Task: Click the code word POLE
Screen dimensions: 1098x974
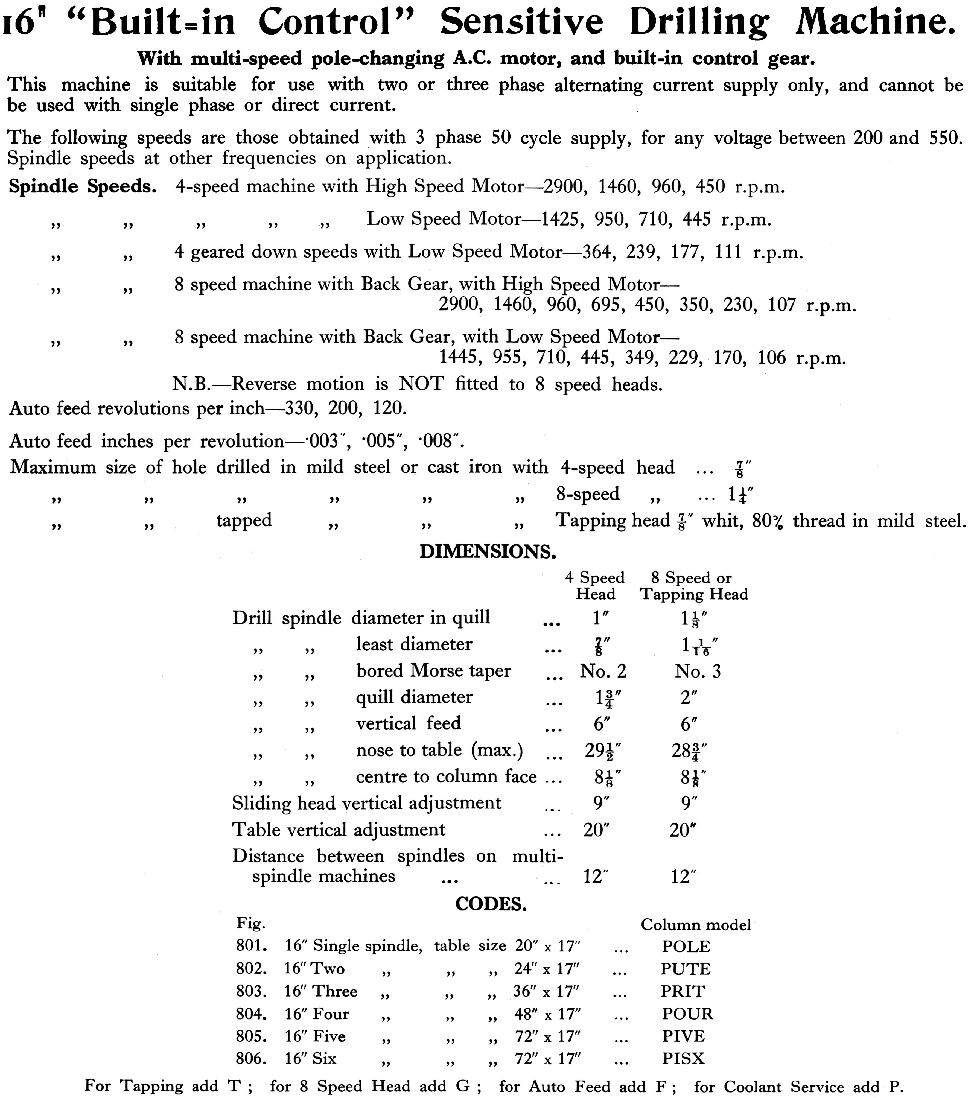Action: (686, 947)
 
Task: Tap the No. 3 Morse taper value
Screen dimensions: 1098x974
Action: (697, 671)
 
